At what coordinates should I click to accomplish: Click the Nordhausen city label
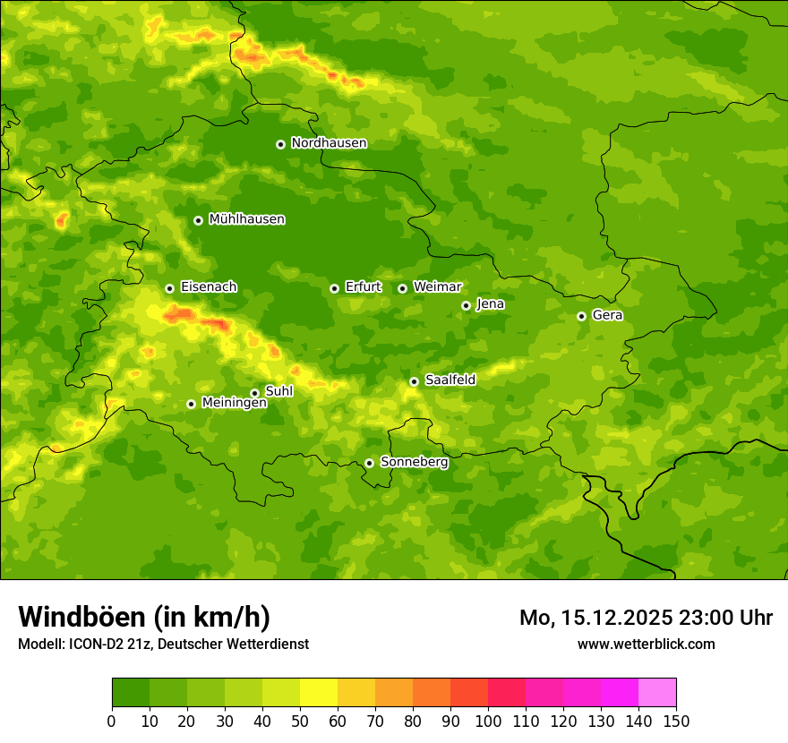point(329,143)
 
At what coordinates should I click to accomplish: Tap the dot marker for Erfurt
point(334,288)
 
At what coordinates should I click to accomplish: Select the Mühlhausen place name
point(246,219)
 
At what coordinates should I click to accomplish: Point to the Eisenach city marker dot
point(169,288)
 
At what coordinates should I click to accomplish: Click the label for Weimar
point(437,287)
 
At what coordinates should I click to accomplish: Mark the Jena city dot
point(466,305)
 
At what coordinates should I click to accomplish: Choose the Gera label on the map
point(607,315)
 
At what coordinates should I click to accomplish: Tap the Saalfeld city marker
point(414,381)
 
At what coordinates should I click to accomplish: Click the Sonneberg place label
point(414,462)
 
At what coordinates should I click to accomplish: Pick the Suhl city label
point(279,391)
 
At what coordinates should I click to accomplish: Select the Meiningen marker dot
point(191,404)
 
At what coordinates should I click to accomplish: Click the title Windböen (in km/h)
point(144,617)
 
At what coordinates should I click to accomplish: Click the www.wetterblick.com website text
point(646,644)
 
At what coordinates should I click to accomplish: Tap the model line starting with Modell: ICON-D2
point(163,645)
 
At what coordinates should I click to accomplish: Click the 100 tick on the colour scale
point(488,721)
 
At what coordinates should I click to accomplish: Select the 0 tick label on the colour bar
point(112,721)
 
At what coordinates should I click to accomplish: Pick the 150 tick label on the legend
point(676,721)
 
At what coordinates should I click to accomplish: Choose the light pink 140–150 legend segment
point(657,693)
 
